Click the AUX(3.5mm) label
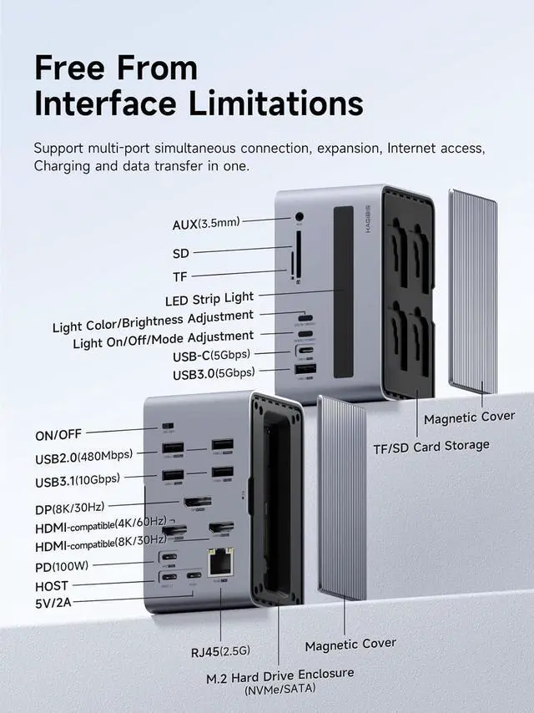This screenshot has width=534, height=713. click(206, 223)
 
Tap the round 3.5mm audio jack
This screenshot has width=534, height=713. click(299, 218)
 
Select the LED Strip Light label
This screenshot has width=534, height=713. click(209, 297)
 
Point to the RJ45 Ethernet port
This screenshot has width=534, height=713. click(221, 562)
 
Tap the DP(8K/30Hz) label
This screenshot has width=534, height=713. click(81, 508)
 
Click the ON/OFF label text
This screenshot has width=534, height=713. click(59, 434)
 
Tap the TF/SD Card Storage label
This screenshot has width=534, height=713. click(431, 446)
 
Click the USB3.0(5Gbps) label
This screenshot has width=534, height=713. click(214, 373)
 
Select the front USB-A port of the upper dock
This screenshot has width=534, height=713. click(305, 371)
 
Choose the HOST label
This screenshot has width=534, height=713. click(52, 586)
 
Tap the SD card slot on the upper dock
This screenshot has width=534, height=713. click(299, 251)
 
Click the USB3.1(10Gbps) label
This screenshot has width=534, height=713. click(77, 480)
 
